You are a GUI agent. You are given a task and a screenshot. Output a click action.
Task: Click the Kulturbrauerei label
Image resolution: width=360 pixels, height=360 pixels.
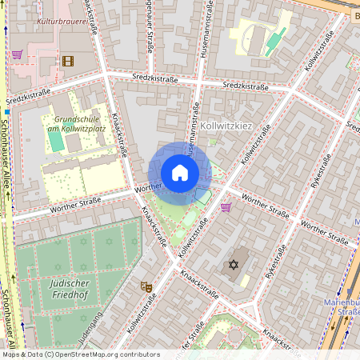tap(62, 22)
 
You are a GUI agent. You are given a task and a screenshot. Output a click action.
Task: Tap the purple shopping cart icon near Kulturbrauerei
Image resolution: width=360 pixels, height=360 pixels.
tap(17, 54)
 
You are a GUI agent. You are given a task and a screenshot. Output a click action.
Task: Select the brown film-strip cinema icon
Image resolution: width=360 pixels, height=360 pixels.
tap(67, 61)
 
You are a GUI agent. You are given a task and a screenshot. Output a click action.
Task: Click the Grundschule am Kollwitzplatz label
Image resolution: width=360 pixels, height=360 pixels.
tap(76, 123)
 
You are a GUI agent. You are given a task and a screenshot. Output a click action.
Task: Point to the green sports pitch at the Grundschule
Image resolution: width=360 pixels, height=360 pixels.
tap(55, 140)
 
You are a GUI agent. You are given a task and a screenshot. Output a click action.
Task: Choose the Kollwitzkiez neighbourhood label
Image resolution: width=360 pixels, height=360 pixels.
tap(227, 126)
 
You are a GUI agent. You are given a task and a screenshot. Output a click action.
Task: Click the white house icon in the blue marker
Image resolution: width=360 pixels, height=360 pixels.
tap(180, 173)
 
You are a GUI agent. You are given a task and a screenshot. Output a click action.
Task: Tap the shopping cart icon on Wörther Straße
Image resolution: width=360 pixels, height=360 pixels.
tap(226, 206)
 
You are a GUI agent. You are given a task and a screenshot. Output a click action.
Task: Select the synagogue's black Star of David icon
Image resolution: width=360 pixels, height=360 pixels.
tap(234, 265)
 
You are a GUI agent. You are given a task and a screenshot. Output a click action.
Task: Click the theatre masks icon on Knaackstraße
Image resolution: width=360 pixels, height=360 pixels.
tap(146, 286)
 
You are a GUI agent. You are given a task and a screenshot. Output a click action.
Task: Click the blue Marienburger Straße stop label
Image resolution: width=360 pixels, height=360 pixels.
tap(342, 308)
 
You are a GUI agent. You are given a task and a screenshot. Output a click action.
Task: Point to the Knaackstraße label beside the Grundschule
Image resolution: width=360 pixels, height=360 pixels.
tap(120, 134)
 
